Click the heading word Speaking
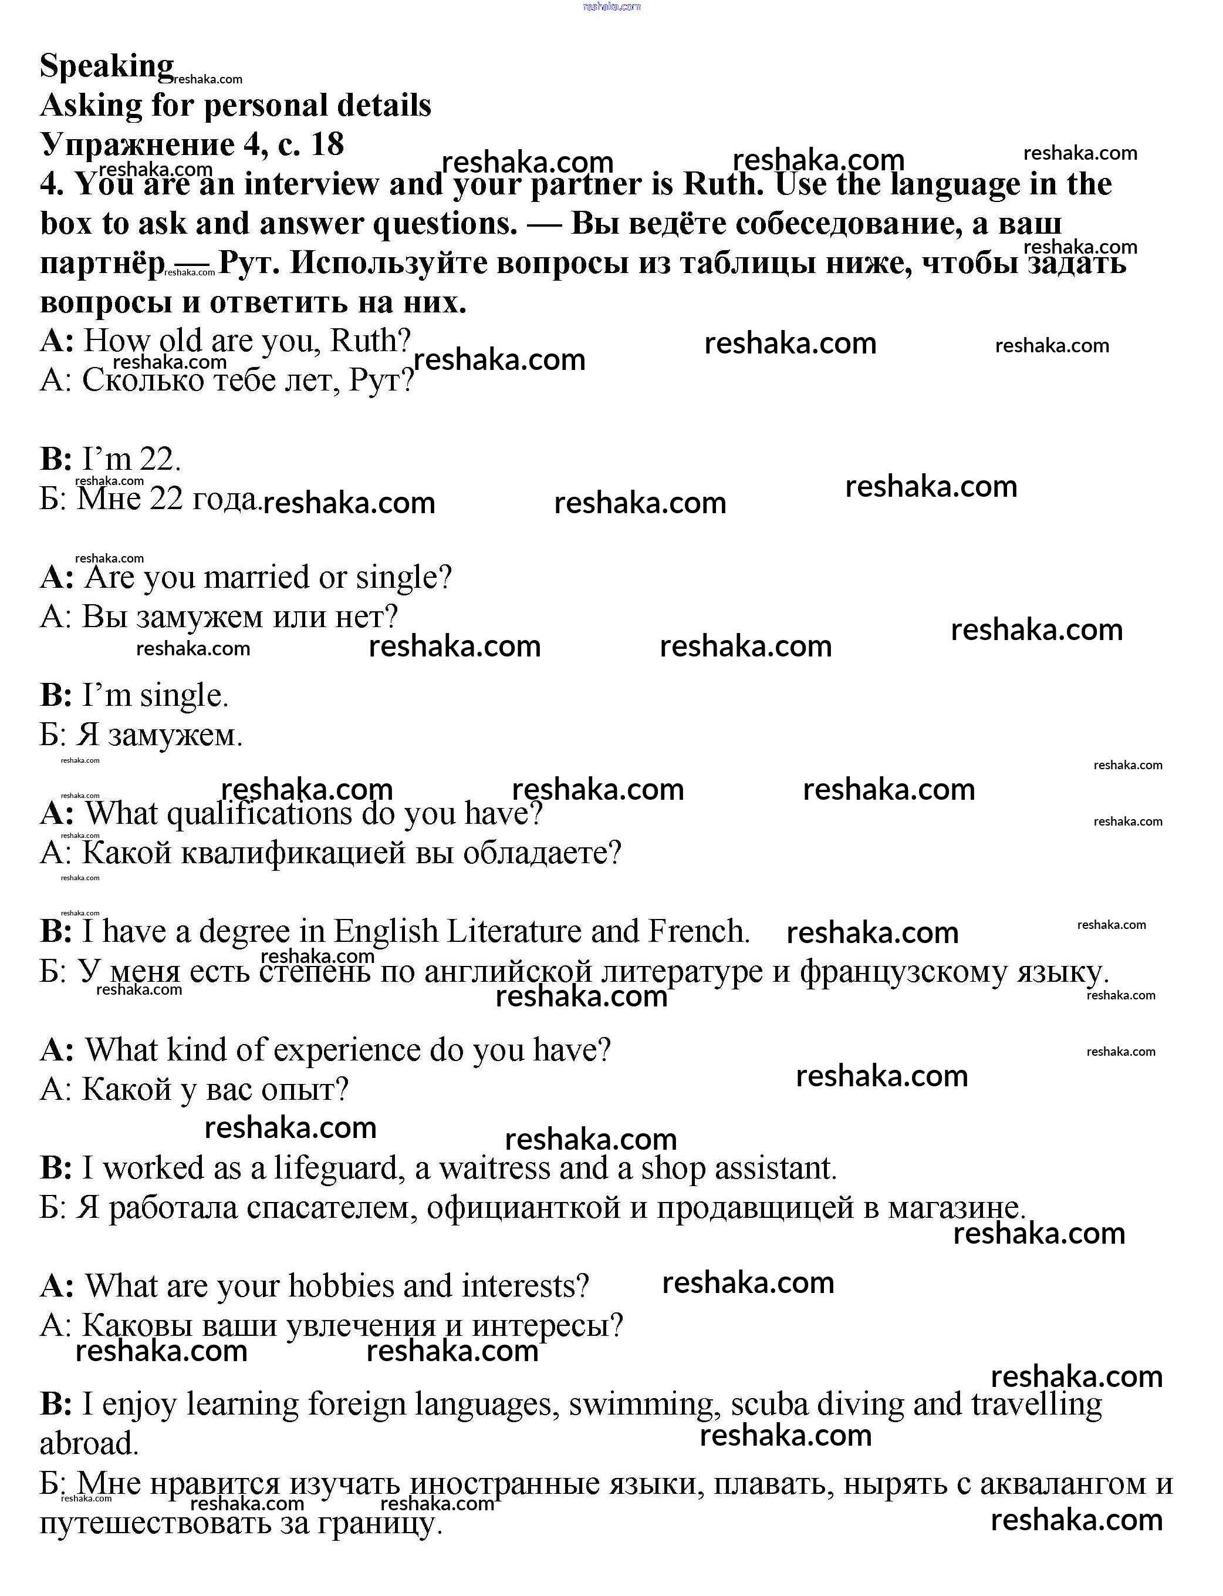point(106,66)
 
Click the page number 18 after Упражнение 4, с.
point(327,144)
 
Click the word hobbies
point(342,1286)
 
